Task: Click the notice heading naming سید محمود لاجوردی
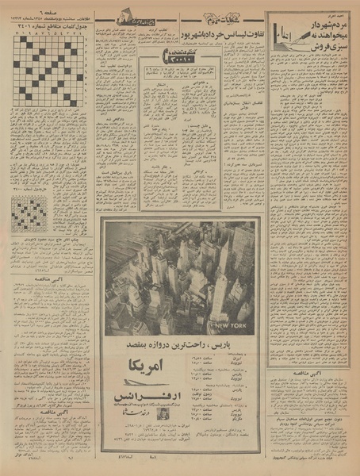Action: (x=49, y=238)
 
